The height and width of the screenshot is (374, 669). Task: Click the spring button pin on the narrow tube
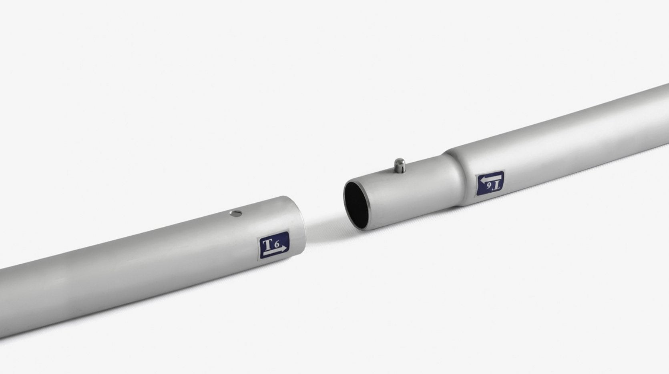point(400,165)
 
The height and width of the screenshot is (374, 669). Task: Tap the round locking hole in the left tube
point(236,213)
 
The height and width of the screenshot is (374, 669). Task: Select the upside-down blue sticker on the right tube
point(490,184)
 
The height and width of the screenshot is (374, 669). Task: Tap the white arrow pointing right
point(275,251)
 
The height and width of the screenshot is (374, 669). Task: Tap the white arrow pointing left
point(490,179)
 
